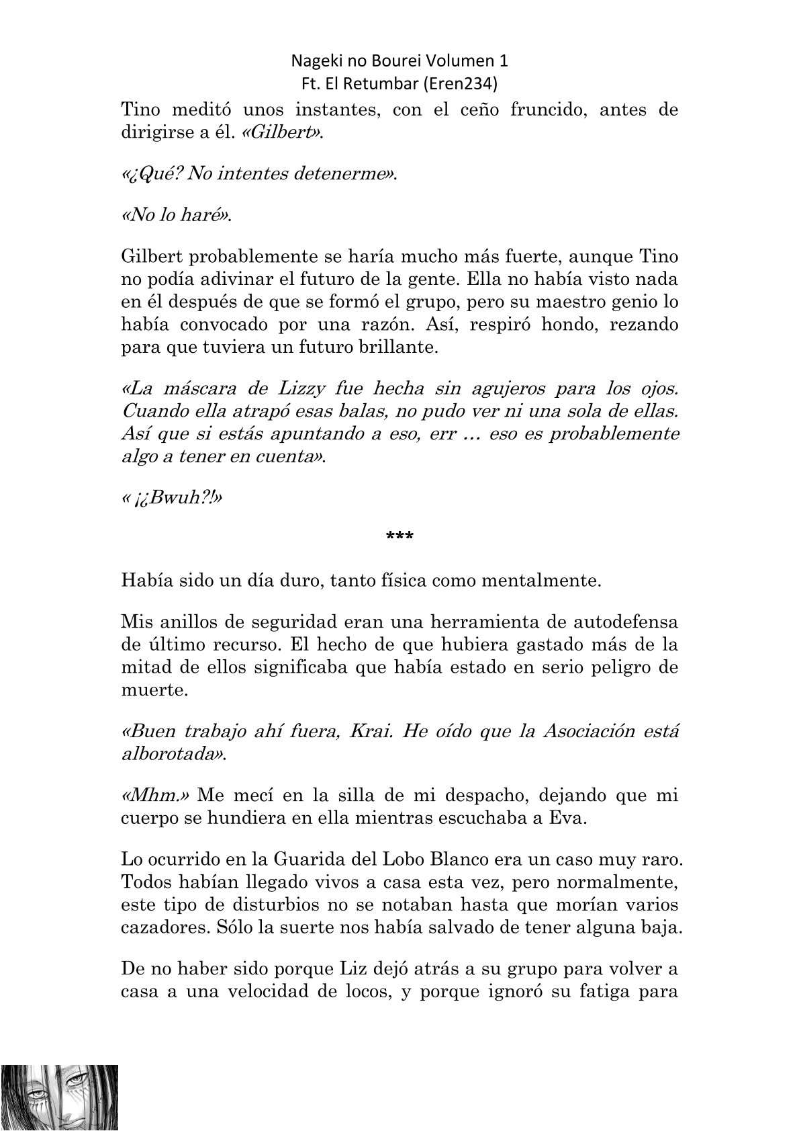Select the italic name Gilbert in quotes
289,132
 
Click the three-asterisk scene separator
399,536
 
